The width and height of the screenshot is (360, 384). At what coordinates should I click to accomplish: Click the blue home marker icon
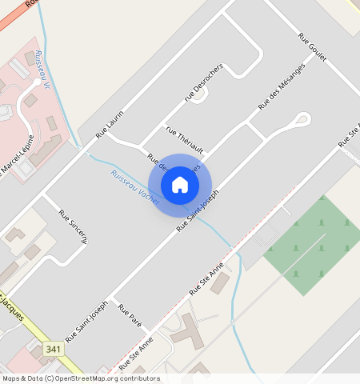point(180,185)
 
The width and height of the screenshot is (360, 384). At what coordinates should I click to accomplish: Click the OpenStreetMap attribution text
point(80,378)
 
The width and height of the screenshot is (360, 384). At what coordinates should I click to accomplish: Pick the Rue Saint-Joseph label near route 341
point(86,322)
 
